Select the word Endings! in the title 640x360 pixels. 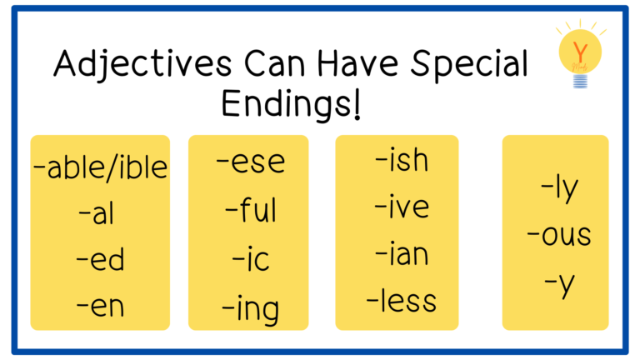tap(291, 104)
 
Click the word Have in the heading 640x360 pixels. tap(357, 63)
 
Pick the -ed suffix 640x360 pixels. tap(100, 258)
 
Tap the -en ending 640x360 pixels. tap(100, 306)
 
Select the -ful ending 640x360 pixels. tap(251, 209)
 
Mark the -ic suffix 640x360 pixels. tap(251, 259)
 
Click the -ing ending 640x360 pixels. tap(251, 309)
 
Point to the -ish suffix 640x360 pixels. tap(402, 159)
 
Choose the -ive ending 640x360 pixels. tap(402, 206)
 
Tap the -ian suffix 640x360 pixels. tap(402, 254)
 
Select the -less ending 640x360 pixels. tap(402, 301)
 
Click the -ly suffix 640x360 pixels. tap(560, 189)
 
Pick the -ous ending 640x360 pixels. tap(559, 235)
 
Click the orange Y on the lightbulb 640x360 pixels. tap(580, 52)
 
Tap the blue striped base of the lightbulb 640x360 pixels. tap(580, 81)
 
